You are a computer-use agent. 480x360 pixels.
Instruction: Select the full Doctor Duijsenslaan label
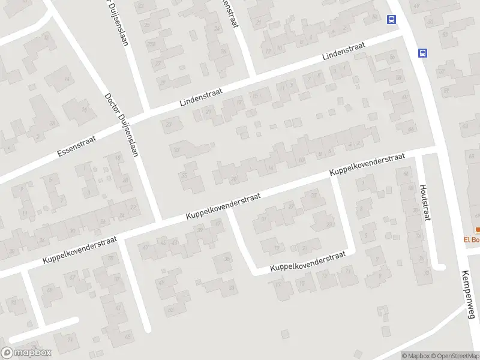(x=122, y=124)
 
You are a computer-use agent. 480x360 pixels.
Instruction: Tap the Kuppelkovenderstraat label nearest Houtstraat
(x=367, y=164)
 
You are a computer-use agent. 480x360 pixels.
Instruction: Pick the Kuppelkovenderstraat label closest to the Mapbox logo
(x=79, y=251)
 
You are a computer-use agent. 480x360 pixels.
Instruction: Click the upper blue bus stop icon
(x=392, y=19)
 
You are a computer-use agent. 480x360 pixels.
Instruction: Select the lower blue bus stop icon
(x=423, y=53)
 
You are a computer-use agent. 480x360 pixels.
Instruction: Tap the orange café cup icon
(x=478, y=230)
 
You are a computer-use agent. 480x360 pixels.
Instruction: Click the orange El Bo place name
(x=472, y=240)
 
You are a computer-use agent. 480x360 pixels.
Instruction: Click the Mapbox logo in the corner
(x=26, y=353)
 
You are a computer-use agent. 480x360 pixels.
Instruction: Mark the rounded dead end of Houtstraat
(x=440, y=266)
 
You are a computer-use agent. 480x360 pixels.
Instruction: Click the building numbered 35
(x=185, y=175)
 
